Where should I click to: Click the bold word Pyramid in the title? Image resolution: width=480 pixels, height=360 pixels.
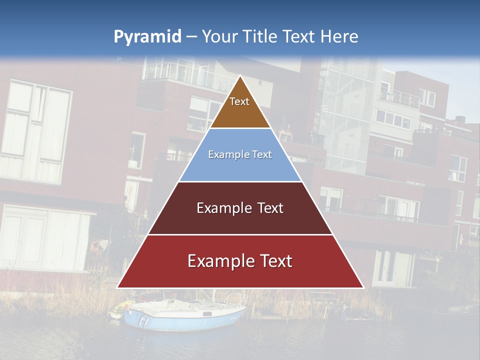click(x=147, y=37)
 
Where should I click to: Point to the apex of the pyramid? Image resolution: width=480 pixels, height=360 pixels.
click(x=240, y=76)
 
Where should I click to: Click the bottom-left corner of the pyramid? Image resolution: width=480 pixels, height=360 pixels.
click(x=118, y=287)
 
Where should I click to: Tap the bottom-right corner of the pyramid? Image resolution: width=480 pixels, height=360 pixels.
click(x=363, y=287)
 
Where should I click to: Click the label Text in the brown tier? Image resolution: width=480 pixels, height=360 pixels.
click(x=239, y=101)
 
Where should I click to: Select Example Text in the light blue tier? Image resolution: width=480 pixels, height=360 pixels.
click(x=240, y=154)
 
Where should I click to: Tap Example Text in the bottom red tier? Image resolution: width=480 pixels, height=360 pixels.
click(x=240, y=261)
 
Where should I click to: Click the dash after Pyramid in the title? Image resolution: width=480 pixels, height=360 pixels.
click(x=191, y=37)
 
